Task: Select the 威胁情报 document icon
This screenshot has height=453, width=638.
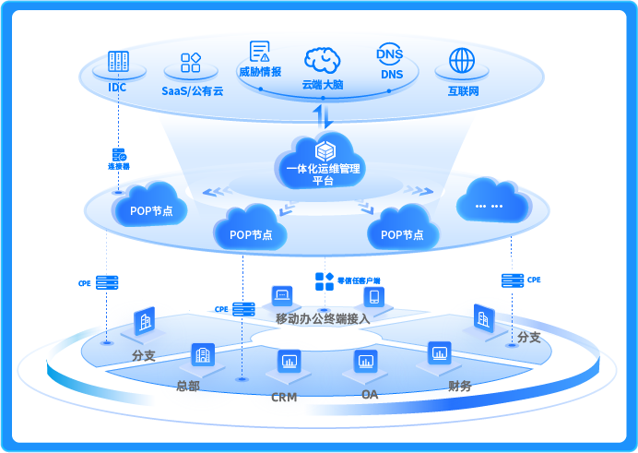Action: tap(260, 52)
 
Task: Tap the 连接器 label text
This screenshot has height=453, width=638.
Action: tap(119, 167)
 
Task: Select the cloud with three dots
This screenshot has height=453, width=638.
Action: tap(494, 202)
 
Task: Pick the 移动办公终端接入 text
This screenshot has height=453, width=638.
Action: tap(323, 319)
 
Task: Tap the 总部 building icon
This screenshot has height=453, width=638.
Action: tap(202, 354)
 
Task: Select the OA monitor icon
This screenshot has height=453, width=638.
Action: tap(365, 360)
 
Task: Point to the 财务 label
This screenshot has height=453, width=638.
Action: tap(460, 386)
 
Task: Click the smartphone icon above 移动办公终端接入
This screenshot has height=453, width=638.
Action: tap(373, 297)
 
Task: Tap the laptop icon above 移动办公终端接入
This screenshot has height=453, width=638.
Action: tap(281, 296)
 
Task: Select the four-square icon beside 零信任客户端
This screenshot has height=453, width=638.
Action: tap(325, 280)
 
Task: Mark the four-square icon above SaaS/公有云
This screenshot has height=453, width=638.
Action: tap(191, 63)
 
